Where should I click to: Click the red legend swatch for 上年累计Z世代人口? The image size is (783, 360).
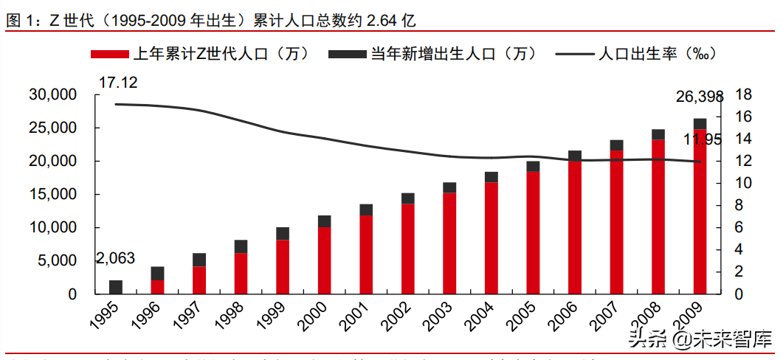(110, 54)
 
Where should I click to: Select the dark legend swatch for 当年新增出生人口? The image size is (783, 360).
(347, 54)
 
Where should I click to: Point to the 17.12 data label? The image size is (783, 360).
(118, 82)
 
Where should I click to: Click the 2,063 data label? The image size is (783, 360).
(116, 259)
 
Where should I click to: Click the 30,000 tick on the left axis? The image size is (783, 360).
(52, 95)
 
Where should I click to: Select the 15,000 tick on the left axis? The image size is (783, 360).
(52, 195)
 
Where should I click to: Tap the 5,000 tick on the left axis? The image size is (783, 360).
(56, 261)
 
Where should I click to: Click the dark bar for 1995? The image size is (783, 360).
(116, 287)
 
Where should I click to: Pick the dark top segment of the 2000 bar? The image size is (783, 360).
(324, 221)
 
